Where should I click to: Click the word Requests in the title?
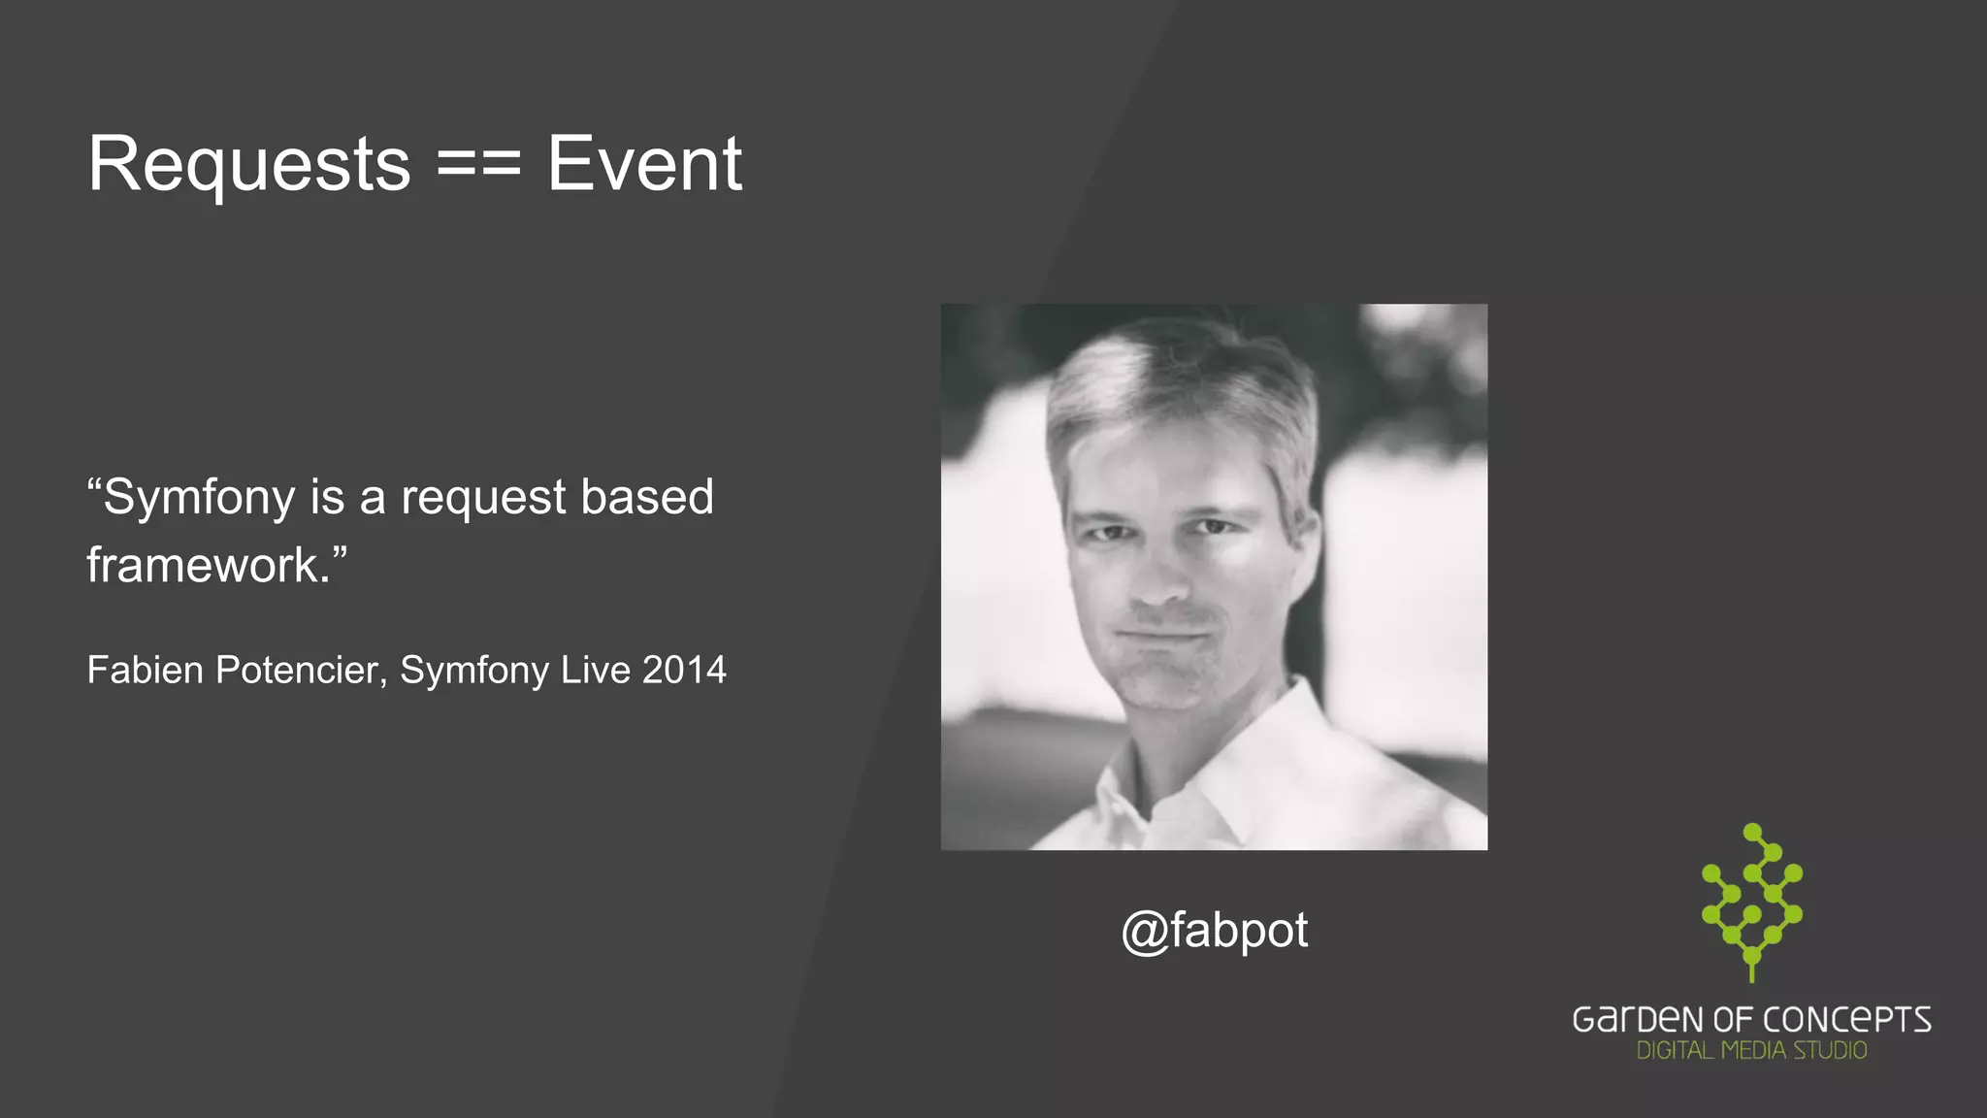click(x=249, y=165)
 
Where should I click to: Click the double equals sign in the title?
click(x=479, y=165)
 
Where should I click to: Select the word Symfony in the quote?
click(x=199, y=499)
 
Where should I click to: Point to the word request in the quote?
click(x=483, y=499)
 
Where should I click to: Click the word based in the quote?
click(x=647, y=497)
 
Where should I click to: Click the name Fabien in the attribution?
click(x=145, y=670)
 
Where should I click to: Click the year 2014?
click(x=684, y=670)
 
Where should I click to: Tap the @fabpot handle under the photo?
click(x=1214, y=931)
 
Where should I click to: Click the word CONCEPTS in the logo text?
click(x=1847, y=1020)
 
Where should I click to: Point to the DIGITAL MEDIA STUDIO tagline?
click(x=1751, y=1051)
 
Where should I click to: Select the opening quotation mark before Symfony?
click(x=94, y=483)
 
